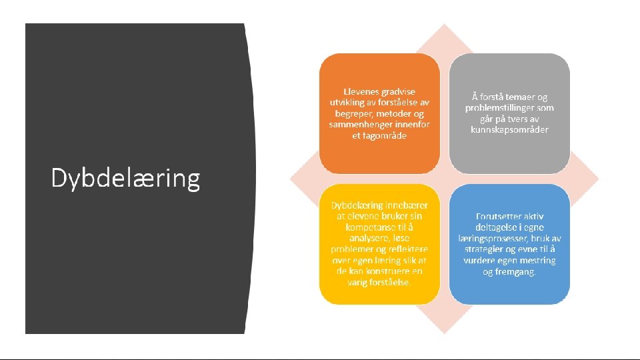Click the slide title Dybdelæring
pos(125,179)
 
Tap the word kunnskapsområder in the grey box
pos(509,129)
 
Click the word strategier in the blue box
pos(485,249)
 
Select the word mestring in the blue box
pos(538,260)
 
